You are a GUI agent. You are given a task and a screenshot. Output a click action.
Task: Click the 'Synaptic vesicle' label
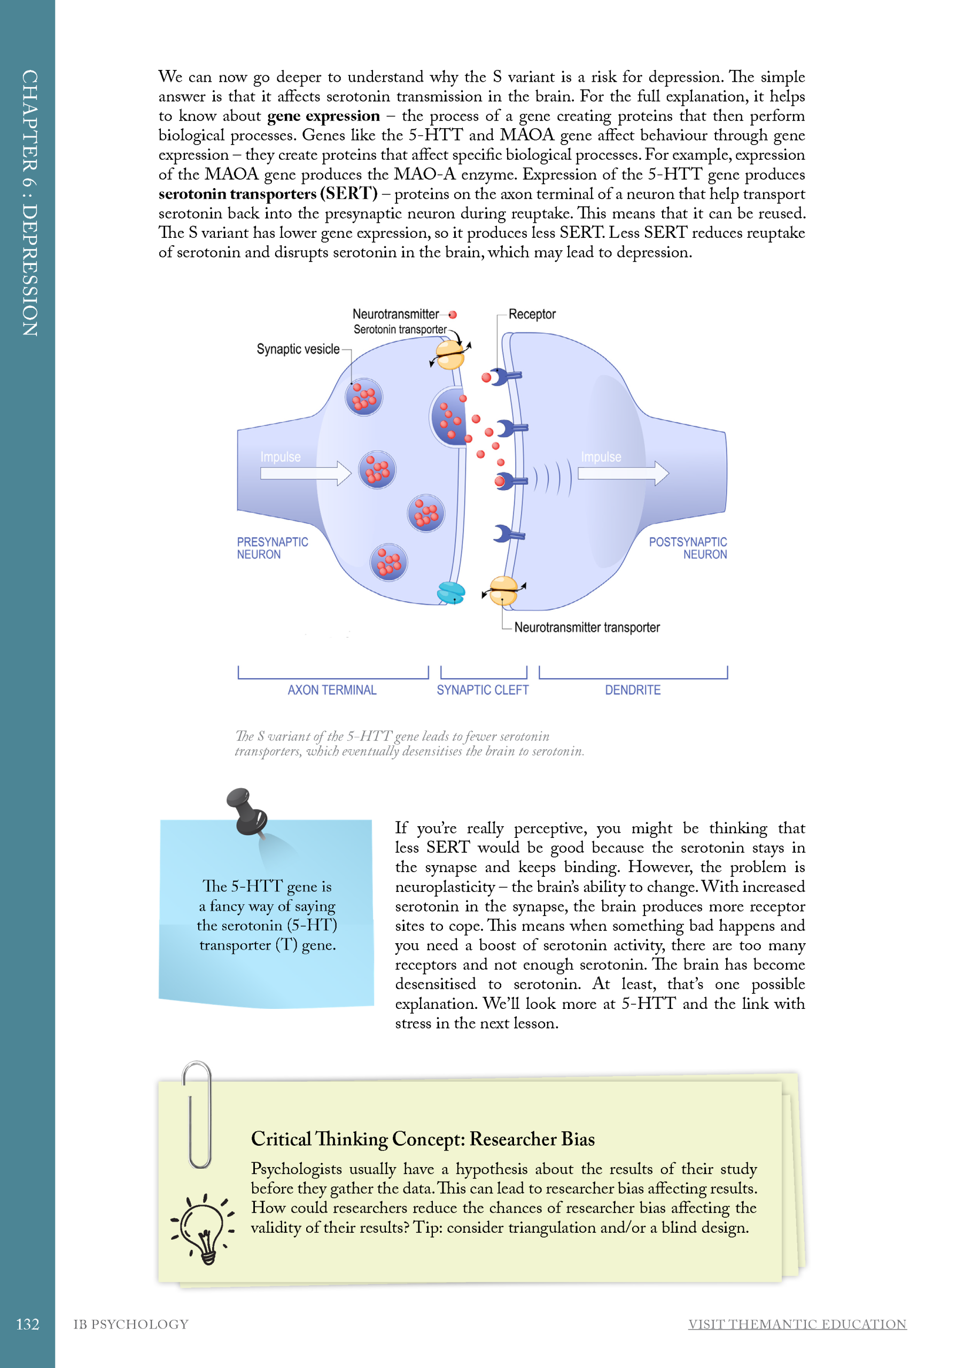(x=298, y=349)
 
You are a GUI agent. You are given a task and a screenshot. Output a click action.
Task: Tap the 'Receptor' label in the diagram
(x=532, y=314)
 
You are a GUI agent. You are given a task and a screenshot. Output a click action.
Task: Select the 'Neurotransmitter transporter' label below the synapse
(x=587, y=627)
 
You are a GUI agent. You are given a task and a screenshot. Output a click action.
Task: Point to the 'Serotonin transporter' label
(x=400, y=330)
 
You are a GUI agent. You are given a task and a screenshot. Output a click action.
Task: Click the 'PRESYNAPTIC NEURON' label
(x=273, y=548)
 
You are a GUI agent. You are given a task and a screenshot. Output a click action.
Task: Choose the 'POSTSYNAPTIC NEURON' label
(x=688, y=548)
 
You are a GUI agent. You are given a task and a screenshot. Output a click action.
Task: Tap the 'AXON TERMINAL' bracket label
(x=332, y=690)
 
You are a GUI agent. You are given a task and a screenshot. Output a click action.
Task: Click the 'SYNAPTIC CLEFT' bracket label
(x=483, y=690)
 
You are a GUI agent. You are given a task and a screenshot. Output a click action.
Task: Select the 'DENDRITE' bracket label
(x=633, y=690)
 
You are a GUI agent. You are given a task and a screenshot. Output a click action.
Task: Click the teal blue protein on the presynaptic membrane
(x=451, y=593)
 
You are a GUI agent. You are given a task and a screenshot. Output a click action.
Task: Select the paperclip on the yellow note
(x=198, y=1114)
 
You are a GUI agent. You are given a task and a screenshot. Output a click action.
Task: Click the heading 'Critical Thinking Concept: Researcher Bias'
(x=423, y=1139)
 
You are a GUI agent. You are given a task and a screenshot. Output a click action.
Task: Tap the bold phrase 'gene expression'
(x=323, y=115)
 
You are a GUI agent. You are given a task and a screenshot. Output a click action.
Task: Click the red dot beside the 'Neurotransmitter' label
(x=453, y=315)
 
